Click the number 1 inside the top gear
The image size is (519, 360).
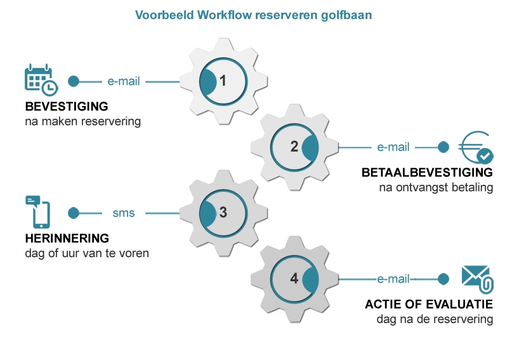click(x=223, y=81)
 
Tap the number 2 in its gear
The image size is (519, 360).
click(x=294, y=147)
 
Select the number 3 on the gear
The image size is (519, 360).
click(x=223, y=213)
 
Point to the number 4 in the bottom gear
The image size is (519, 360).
click(x=294, y=279)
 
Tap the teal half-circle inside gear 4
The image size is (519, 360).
click(x=310, y=279)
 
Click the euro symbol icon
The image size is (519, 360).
click(x=475, y=147)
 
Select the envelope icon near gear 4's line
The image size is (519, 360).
click(x=476, y=279)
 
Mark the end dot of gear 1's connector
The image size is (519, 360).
click(x=74, y=81)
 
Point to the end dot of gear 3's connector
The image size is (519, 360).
click(x=74, y=213)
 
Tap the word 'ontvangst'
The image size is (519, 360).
click(x=424, y=187)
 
